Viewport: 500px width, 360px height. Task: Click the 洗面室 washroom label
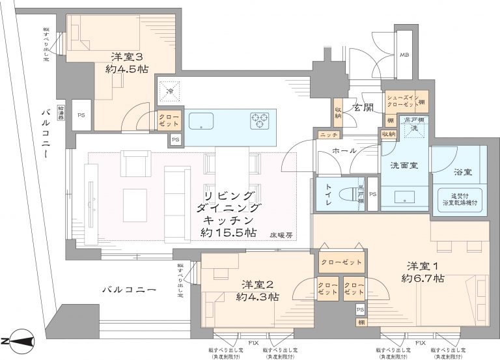tap(404, 165)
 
